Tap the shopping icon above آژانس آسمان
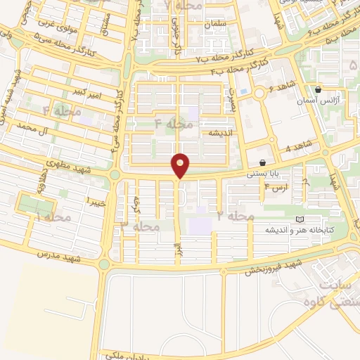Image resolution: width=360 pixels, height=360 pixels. [319, 90]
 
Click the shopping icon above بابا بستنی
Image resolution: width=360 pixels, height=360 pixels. [262, 163]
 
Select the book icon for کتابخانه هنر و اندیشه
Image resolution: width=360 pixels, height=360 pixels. [301, 219]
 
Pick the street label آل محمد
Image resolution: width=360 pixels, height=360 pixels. [36, 127]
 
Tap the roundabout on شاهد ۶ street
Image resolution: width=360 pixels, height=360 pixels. [260, 92]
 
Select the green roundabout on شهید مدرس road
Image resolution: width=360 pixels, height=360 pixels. [105, 264]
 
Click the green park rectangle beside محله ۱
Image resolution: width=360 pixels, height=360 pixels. [35, 205]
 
